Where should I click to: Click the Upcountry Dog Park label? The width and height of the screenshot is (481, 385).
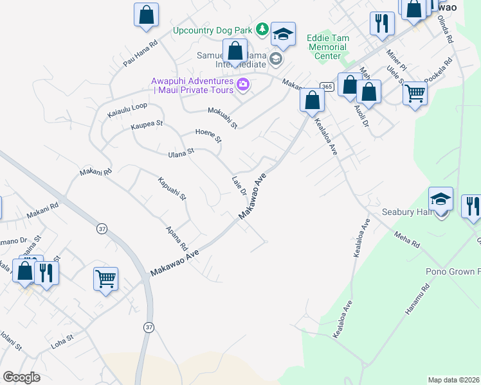213,30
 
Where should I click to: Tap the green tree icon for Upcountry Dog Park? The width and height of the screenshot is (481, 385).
262,29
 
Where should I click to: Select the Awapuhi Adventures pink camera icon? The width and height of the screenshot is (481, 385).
242,84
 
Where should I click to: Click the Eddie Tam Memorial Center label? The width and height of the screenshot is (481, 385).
328,47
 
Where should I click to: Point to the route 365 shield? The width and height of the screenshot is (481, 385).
327,86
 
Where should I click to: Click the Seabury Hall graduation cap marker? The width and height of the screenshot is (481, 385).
441,200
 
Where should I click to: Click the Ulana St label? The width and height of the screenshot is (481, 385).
181,152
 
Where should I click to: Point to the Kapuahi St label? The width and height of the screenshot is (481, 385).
172,187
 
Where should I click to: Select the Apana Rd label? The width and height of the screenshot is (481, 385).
176,238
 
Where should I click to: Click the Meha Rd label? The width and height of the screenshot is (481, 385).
407,240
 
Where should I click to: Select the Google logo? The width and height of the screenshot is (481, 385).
21,377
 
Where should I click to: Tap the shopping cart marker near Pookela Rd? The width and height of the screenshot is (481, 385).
415,94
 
